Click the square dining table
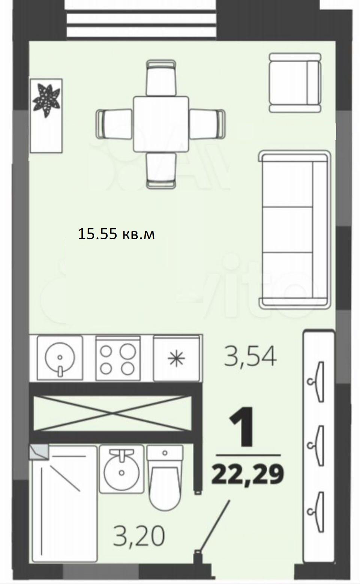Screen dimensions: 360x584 click(161, 124)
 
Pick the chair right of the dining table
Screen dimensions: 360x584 click(207, 124)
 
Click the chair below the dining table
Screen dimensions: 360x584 click(161, 170)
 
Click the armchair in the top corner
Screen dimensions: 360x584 click(295, 83)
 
